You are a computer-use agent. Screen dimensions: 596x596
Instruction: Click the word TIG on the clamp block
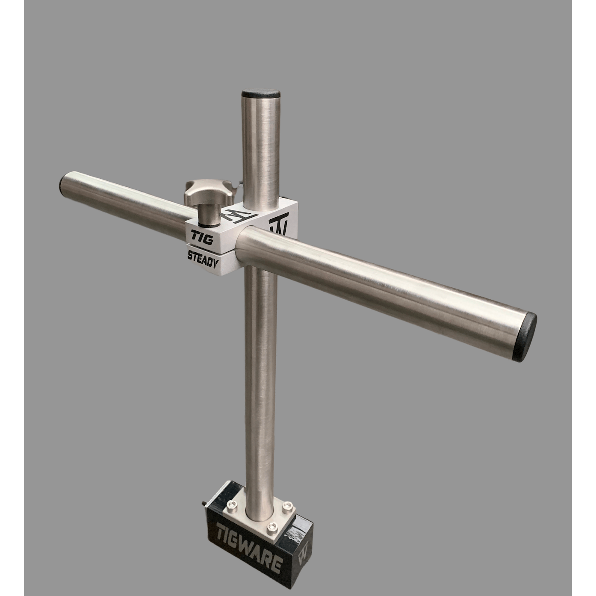[202, 236]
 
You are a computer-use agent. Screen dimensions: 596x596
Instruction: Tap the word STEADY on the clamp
[203, 259]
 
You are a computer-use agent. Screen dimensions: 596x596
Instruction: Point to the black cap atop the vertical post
[261, 94]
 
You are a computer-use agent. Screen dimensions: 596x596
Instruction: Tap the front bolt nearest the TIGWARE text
[270, 527]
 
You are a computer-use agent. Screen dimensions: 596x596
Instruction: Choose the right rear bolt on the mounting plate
[287, 505]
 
